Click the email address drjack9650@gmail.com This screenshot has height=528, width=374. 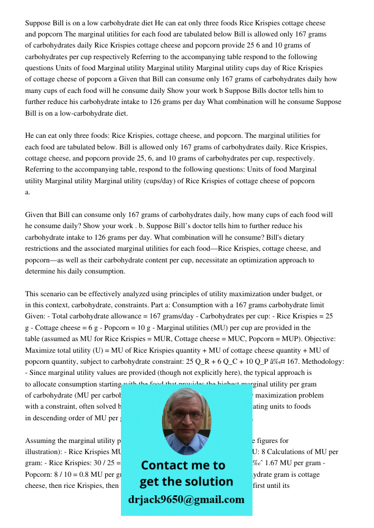(186, 499)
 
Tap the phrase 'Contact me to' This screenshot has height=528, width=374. (183, 465)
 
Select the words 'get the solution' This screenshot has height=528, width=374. (186, 482)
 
